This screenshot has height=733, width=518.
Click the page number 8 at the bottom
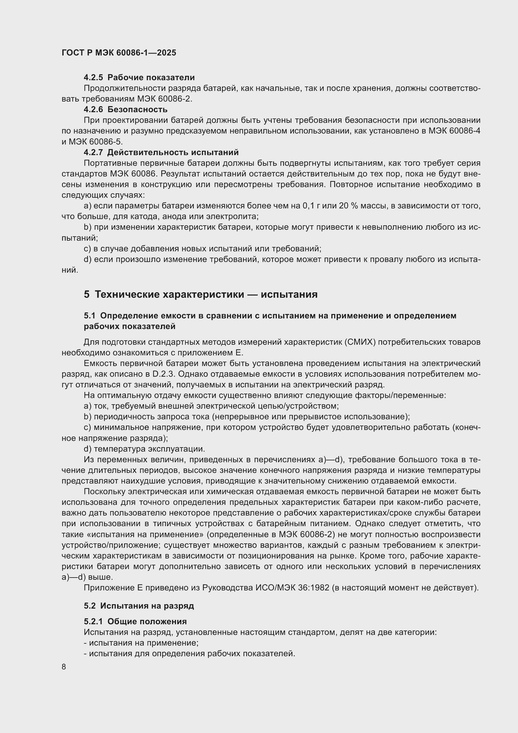(64, 667)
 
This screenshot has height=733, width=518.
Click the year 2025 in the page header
(166, 53)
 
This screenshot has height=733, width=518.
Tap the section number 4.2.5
(93, 78)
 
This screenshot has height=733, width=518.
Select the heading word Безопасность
(137, 109)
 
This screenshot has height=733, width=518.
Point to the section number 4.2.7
(93, 152)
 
